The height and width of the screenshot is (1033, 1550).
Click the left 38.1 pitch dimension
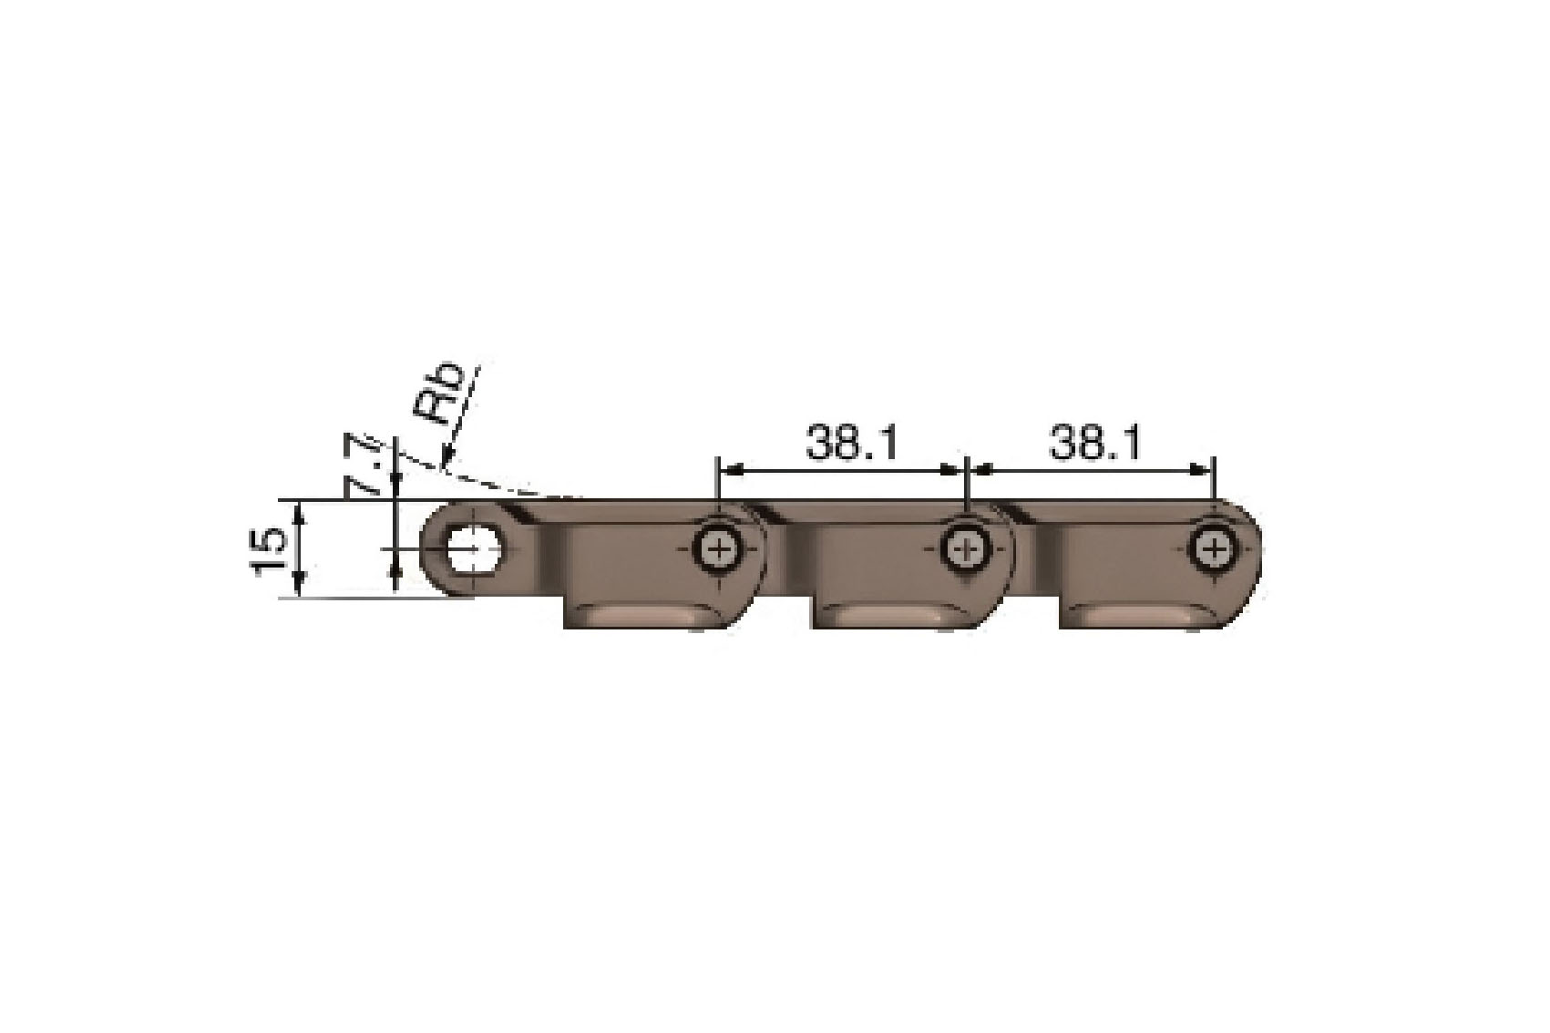[x=851, y=444]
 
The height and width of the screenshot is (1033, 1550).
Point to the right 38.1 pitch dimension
[x=1094, y=444]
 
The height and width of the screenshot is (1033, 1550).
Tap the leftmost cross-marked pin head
[x=718, y=548]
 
